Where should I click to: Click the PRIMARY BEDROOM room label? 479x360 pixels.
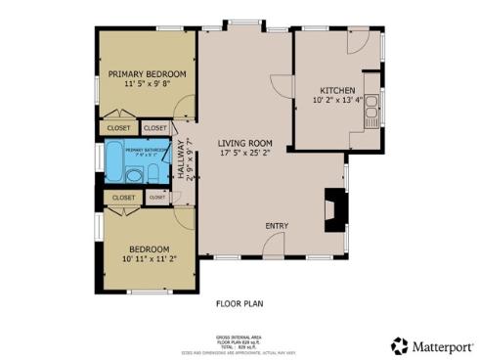tap(149, 73)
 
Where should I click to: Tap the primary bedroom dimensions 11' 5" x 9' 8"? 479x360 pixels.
tap(149, 85)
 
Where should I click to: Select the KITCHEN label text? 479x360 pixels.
tap(337, 89)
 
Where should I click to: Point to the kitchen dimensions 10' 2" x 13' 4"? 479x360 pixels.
tap(337, 100)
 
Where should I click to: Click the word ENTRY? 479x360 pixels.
tap(277, 227)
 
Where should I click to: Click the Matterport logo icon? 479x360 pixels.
tap(399, 345)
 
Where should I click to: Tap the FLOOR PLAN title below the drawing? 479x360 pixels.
tap(239, 303)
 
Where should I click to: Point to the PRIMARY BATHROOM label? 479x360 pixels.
tap(147, 150)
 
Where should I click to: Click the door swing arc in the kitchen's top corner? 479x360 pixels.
tap(358, 42)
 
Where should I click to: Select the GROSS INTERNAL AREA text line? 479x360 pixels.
tap(239, 334)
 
